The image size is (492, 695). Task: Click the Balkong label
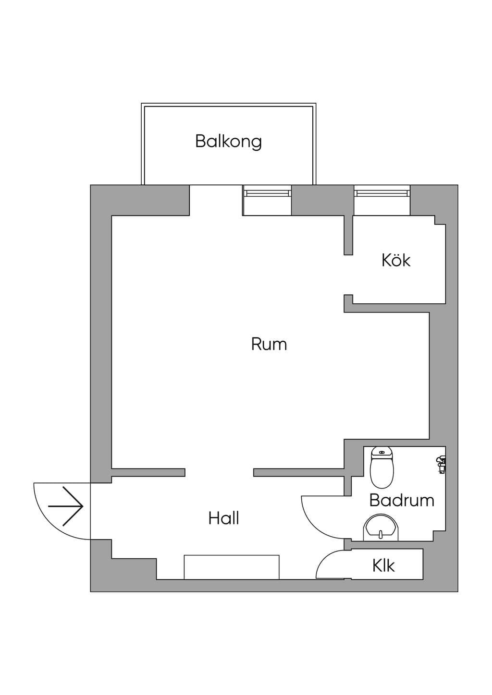click(x=229, y=142)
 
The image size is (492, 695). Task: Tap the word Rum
click(x=269, y=344)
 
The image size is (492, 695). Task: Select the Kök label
click(x=396, y=260)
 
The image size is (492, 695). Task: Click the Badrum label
click(x=402, y=500)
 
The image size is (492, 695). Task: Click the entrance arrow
click(x=65, y=506)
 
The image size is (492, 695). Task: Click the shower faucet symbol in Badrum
click(x=441, y=464)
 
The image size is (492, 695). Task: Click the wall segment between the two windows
click(x=322, y=200)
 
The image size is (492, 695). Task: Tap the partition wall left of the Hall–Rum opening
click(x=148, y=473)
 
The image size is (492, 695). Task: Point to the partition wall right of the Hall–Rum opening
click(x=299, y=473)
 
